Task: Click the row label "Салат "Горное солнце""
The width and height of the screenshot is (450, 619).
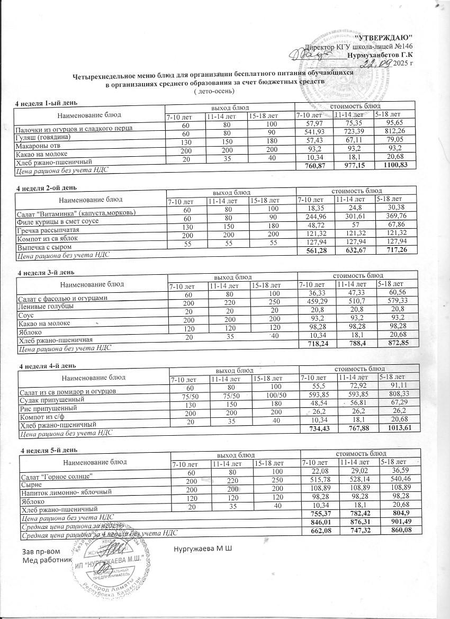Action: click(x=57, y=477)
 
